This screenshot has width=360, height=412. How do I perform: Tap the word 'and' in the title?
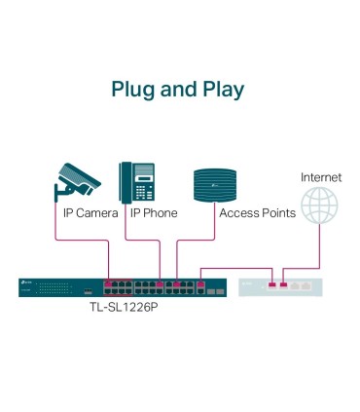pos(179,90)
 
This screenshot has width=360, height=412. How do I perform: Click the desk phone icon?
pos(136,180)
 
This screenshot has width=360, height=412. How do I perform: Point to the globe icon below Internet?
pos(320,207)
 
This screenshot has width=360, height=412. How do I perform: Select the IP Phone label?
pos(153,212)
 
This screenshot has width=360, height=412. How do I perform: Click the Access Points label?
pos(257,212)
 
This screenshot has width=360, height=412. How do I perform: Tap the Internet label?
pos(320,177)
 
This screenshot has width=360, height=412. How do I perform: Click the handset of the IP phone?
pos(126,180)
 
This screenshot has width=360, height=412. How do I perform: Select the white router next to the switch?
pos(283,286)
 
